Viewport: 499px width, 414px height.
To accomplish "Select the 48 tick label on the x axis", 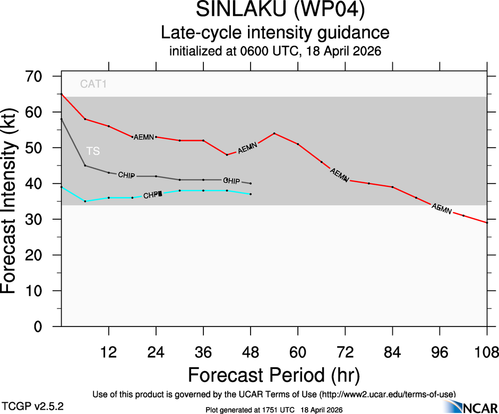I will point(251,352).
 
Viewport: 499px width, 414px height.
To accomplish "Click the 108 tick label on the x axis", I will point(487,352).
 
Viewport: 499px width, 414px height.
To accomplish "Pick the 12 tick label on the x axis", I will point(109,352).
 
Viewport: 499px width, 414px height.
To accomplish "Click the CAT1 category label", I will point(93,83).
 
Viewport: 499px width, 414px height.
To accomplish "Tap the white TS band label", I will point(93,151).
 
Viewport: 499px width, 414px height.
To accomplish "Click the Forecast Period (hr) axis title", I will point(273,375).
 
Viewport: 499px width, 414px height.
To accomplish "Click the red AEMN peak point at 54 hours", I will point(274,133).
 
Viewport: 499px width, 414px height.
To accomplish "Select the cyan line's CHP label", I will point(152,195).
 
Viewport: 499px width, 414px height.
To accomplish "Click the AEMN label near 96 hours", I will point(442,209).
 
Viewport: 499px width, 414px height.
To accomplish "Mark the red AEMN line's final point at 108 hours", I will point(487,222).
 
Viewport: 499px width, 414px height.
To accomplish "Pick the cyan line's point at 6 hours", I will point(85,201).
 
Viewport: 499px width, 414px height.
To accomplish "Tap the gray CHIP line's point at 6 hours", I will point(85,166).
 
